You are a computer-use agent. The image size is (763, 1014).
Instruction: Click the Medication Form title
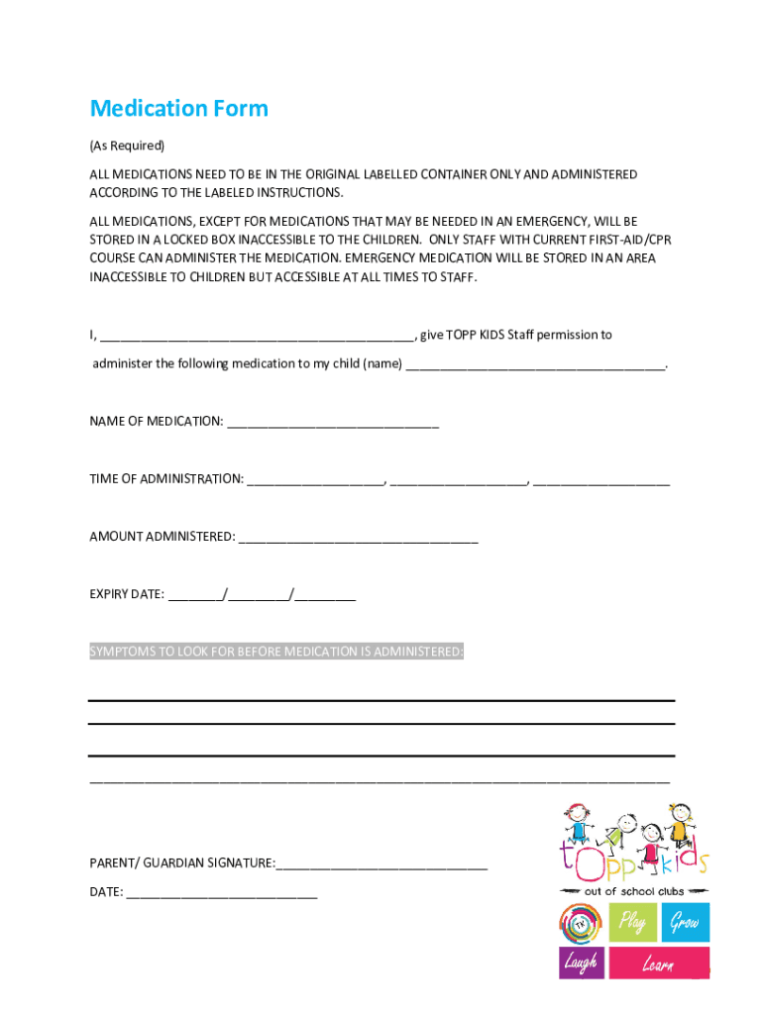pyautogui.click(x=178, y=108)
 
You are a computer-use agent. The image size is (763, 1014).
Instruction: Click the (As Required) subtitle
pyautogui.click(x=127, y=146)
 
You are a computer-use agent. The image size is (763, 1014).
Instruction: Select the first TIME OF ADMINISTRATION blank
pyautogui.click(x=315, y=481)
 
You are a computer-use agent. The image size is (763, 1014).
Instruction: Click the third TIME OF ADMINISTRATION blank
pyautogui.click(x=600, y=481)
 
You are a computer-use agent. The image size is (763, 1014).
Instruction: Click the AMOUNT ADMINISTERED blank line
pyautogui.click(x=358, y=539)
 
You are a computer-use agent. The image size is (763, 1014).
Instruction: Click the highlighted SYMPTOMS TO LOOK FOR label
pyautogui.click(x=276, y=652)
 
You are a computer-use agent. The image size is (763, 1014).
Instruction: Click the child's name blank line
pyautogui.click(x=536, y=365)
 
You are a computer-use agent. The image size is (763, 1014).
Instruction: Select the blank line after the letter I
pyautogui.click(x=257, y=337)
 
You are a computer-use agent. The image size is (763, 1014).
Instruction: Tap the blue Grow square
pyautogui.click(x=685, y=923)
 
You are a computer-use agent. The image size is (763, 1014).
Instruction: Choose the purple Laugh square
pyautogui.click(x=581, y=961)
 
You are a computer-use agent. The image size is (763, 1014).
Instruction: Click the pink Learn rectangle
pyautogui.click(x=659, y=963)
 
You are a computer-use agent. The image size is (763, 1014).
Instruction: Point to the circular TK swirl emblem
pyautogui.click(x=581, y=924)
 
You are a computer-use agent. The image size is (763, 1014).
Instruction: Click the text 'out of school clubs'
pyautogui.click(x=634, y=891)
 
